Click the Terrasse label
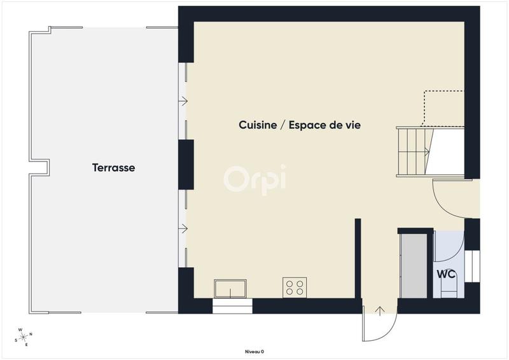113,168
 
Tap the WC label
445,275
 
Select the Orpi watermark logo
254,177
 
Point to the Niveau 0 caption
254,352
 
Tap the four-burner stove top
295,287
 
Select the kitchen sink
231,288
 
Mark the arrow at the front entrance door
380,311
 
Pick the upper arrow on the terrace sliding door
184,100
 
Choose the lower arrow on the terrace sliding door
184,228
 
